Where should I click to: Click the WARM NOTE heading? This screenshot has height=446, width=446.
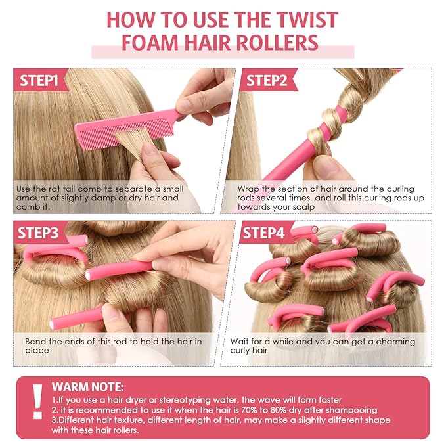(x=87, y=387)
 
